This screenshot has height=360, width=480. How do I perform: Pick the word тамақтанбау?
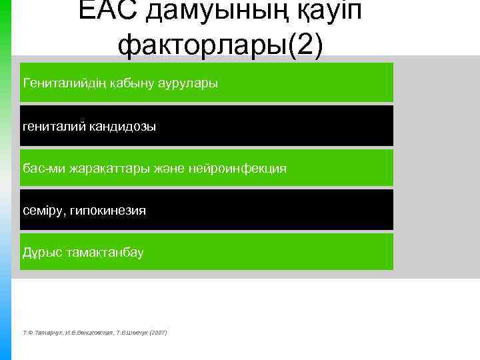coord(104,253)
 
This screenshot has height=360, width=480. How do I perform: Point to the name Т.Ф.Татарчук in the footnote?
coord(41,332)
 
